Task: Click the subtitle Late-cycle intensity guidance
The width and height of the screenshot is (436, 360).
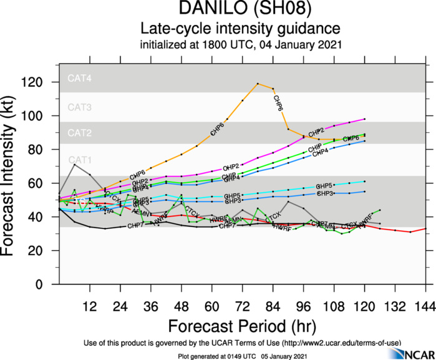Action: [x=240, y=29]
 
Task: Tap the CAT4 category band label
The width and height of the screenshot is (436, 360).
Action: [x=80, y=79]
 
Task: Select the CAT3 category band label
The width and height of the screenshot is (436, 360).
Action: [x=80, y=107]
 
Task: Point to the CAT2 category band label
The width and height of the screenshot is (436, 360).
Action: [x=80, y=133]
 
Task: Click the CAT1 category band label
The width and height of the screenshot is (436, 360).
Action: [x=80, y=160]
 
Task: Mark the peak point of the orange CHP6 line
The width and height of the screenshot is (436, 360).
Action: [x=258, y=84]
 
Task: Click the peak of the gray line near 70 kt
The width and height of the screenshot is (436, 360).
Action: [x=74, y=164]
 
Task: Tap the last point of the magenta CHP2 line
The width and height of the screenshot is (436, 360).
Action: [x=364, y=119]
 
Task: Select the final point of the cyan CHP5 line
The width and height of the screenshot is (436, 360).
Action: [x=364, y=182]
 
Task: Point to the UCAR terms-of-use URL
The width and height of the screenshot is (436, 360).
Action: [x=341, y=343]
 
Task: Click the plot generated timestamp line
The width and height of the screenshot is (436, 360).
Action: [x=240, y=355]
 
